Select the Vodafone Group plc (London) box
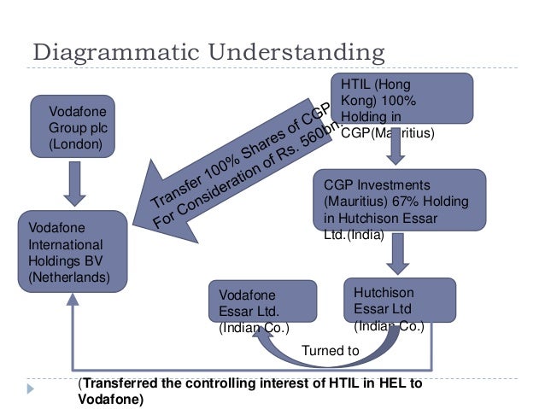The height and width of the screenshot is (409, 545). (x=74, y=127)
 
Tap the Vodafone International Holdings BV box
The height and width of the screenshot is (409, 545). (x=73, y=253)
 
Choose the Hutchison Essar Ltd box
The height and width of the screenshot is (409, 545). (x=399, y=300)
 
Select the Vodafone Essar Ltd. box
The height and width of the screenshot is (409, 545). (x=255, y=307)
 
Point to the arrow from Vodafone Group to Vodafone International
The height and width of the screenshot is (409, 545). (x=75, y=183)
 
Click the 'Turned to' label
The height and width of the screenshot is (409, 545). (x=331, y=350)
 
